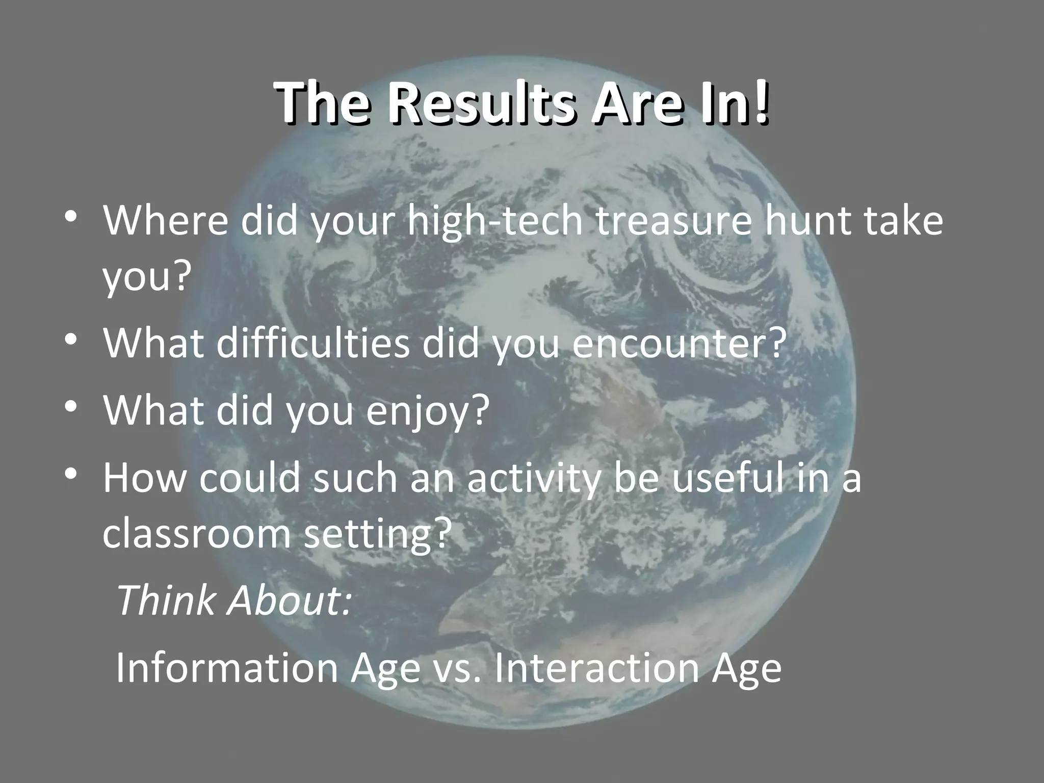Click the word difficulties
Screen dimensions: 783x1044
[x=312, y=343]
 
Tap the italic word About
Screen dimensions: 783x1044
[x=289, y=600]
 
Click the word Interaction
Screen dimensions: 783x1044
[x=596, y=667]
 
